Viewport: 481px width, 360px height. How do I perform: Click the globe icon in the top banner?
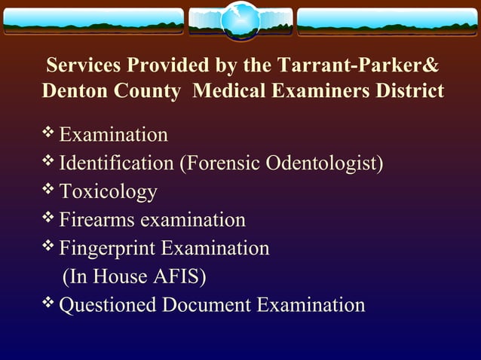(240, 20)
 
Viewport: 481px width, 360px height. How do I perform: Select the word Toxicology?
(108, 191)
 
